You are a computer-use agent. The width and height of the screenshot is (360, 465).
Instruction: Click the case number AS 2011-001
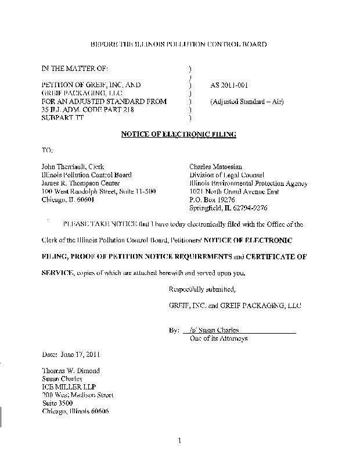[x=229, y=84]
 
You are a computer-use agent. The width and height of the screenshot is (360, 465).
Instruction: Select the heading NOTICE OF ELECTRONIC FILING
[x=178, y=134]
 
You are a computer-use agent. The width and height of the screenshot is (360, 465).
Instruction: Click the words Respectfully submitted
[x=201, y=289]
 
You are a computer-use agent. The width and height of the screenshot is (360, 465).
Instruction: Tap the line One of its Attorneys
[x=219, y=338]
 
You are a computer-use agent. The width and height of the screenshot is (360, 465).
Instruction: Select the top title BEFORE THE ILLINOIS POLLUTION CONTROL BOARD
[x=179, y=45]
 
